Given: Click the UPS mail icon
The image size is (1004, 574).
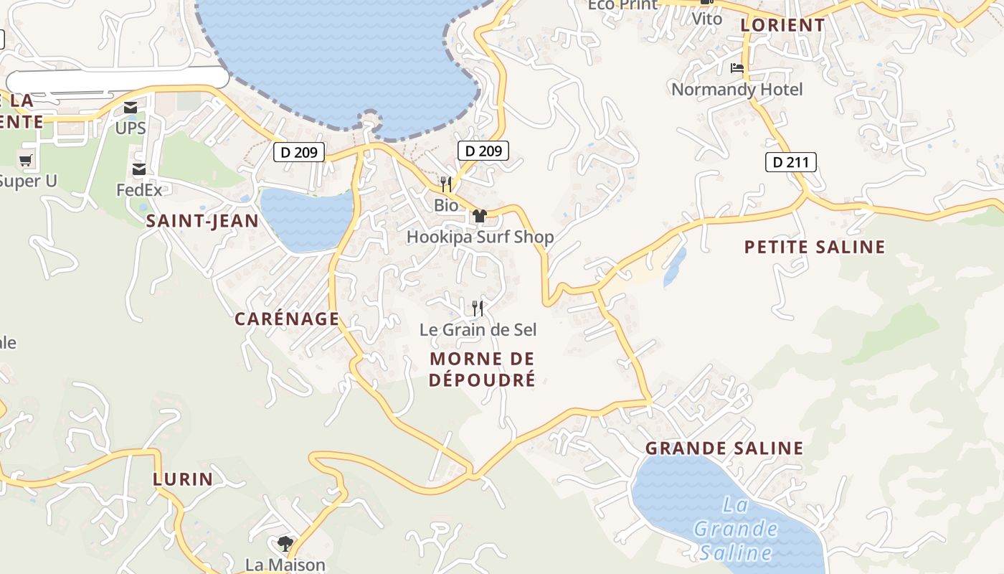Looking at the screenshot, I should click(x=131, y=108).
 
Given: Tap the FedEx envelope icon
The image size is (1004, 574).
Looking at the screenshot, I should click(x=139, y=169).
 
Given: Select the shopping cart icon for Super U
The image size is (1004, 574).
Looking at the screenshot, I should click(x=26, y=160).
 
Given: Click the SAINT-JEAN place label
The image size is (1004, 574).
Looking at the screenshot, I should click(x=202, y=221).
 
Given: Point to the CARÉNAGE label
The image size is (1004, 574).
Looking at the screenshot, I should click(x=287, y=319).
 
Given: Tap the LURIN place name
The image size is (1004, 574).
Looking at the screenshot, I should click(x=183, y=479).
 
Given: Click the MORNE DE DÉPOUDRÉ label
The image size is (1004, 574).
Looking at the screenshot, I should click(x=482, y=369).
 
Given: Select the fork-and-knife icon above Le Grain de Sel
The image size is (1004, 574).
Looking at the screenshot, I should click(x=478, y=309).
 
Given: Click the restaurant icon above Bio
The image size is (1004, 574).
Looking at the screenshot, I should click(x=446, y=184).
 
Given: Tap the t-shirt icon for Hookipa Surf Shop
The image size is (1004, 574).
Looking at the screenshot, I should click(x=480, y=216).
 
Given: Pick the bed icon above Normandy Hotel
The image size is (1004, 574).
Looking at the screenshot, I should click(x=737, y=69).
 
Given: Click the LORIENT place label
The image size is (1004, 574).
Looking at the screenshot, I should click(x=782, y=25).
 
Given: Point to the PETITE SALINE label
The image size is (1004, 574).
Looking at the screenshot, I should click(x=815, y=248).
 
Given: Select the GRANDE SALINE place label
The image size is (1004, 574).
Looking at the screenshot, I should click(x=724, y=448).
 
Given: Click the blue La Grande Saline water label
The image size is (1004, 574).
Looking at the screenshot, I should click(x=736, y=529).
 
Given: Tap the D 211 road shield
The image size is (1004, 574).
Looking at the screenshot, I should click(x=791, y=162).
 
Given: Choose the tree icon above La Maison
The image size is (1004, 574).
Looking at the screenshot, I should click(x=285, y=543).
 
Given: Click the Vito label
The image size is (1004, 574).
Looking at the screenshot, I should click(x=707, y=19).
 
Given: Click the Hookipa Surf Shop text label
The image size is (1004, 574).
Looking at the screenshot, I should click(x=480, y=237).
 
